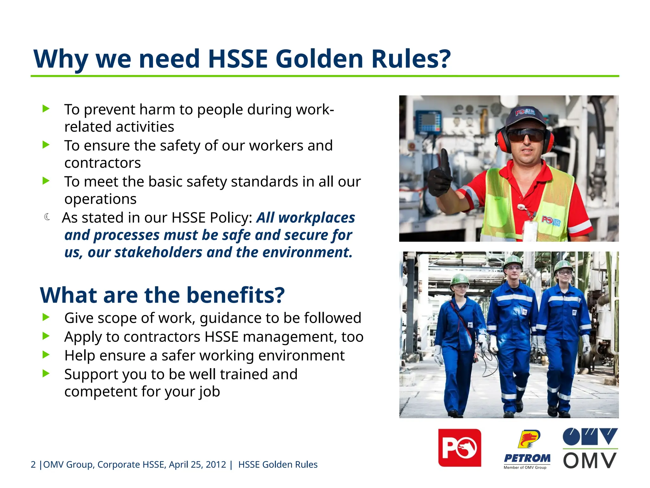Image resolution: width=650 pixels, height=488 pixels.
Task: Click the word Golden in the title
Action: tap(319, 59)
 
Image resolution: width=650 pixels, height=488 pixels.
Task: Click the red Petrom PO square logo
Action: tap(460, 448)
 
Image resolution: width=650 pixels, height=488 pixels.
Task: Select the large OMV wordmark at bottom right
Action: tap(590, 461)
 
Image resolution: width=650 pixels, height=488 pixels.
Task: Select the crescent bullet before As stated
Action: tap(47, 217)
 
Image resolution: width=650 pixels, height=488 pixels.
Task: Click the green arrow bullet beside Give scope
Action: tap(46, 317)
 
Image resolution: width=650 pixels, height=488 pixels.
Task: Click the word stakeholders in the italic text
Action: tap(158, 253)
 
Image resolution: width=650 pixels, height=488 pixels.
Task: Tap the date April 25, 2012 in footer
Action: tap(197, 464)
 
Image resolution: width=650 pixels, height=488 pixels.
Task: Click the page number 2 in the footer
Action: tap(33, 464)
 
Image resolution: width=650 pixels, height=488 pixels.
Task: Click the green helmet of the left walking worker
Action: tap(459, 279)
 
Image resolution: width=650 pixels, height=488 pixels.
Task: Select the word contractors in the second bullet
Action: tap(103, 163)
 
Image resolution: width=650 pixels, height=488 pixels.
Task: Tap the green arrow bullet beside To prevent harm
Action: tap(46, 109)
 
